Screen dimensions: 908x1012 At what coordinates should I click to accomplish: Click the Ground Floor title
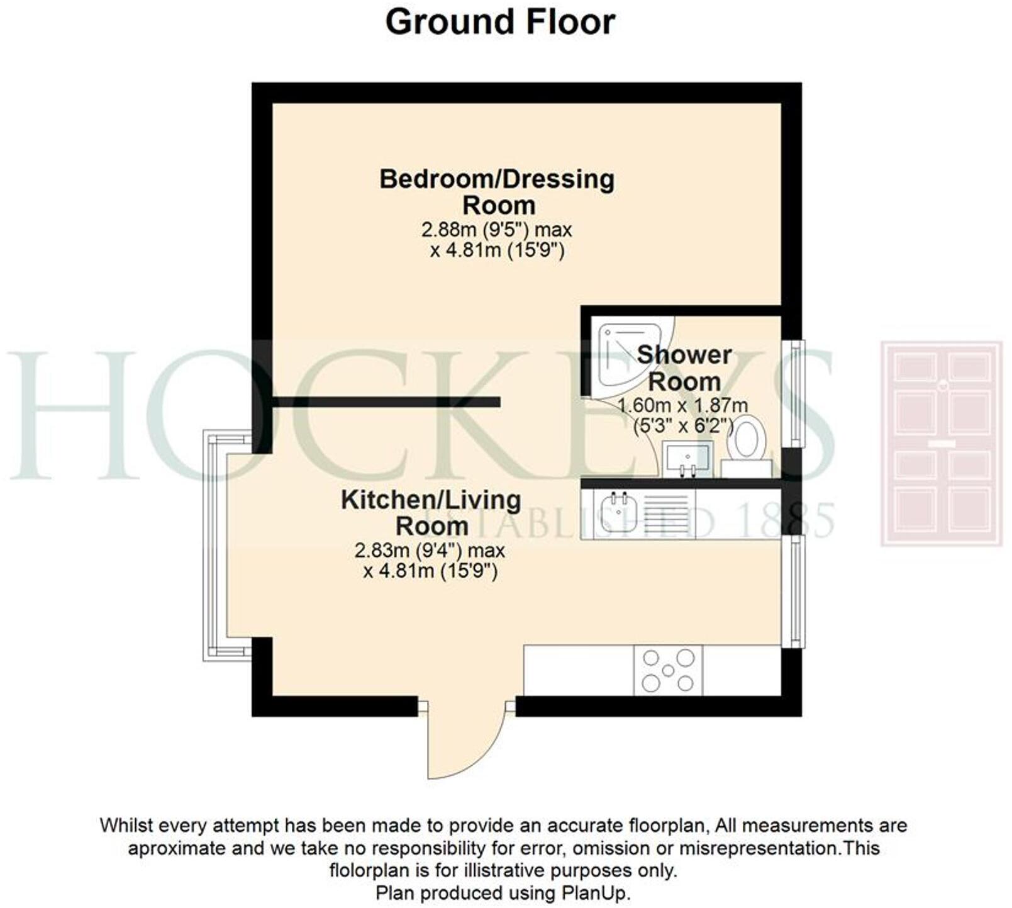click(500, 23)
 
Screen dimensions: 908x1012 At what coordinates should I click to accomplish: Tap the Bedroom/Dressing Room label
click(497, 192)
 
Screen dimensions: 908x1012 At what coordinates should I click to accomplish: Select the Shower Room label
click(684, 368)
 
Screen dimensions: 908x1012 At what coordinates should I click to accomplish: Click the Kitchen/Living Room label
click(431, 512)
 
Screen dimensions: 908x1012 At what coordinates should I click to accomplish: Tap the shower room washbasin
click(687, 456)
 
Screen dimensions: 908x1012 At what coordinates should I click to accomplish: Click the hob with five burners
click(668, 671)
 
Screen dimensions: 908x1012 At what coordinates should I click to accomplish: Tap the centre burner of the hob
click(668, 671)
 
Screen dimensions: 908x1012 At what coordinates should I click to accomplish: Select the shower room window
click(797, 393)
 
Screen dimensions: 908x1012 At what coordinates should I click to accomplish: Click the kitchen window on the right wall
click(797, 591)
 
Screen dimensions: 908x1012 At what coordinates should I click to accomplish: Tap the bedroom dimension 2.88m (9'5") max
click(497, 230)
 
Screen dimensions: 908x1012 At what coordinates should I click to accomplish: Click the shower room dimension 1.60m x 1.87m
click(683, 406)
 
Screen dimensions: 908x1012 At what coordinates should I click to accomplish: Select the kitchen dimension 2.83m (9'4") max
click(430, 551)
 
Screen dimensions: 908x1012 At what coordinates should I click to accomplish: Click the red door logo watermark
click(941, 443)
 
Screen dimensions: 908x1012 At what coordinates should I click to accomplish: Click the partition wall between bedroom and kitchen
click(386, 402)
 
